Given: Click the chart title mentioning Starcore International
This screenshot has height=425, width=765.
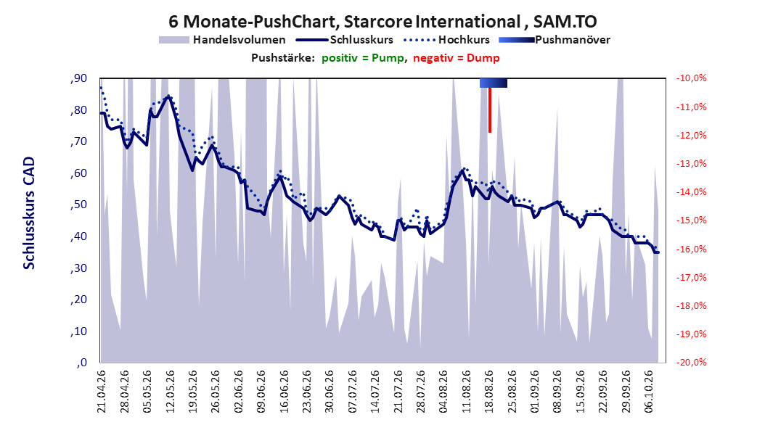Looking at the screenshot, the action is pos(382,22).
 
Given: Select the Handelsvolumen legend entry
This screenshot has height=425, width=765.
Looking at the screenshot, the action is pos(223,40).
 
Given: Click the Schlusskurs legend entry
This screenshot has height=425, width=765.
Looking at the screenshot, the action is pos(345,40).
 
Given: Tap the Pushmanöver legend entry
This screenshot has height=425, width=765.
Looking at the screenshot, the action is pos(555,40).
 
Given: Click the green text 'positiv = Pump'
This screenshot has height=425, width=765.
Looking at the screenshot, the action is pos(363,58).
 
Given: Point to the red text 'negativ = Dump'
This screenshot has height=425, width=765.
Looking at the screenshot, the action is pos(457,58).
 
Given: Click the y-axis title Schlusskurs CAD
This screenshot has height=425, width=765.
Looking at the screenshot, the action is pos(29,213).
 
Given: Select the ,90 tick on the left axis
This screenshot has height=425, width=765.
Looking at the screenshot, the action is pos(78,78).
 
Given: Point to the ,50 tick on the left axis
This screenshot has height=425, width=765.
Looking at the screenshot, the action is pos(78,205).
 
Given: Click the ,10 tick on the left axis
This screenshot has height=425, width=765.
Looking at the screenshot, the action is pos(78,331).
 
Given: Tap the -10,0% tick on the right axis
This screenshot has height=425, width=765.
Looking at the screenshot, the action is pos(691,78).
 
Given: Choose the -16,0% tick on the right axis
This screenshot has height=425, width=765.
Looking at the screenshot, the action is pos(691,249).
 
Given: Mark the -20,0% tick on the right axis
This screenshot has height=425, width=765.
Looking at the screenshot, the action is pos(691,363).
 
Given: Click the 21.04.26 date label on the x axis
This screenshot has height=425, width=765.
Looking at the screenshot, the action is pos(102,392).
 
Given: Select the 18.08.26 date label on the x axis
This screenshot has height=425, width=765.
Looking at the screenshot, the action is pos(489,392).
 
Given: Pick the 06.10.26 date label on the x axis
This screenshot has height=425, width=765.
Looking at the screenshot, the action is pos(649,392).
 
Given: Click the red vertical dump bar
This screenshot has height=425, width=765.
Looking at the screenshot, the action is pos(490,110).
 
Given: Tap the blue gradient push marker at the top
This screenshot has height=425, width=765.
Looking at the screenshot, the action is pos(494,83).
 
